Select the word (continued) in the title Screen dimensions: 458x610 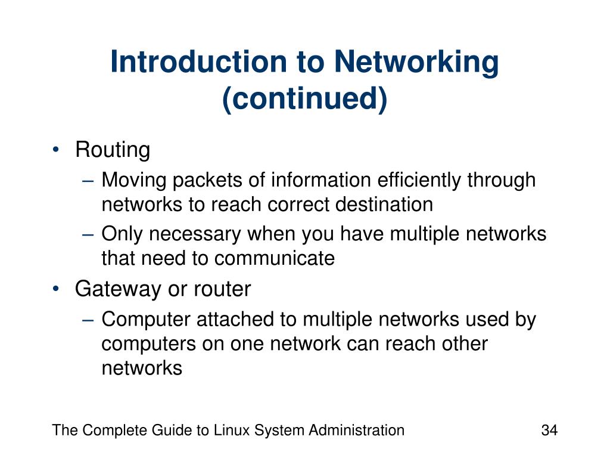(x=304, y=99)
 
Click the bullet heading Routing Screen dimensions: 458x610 (x=112, y=150)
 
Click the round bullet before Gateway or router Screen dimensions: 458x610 (x=55, y=289)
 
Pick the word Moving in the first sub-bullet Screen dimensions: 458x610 (x=125, y=180)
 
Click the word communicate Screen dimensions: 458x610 (x=275, y=258)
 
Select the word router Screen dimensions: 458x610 (x=222, y=290)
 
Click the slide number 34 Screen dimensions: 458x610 (x=549, y=431)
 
